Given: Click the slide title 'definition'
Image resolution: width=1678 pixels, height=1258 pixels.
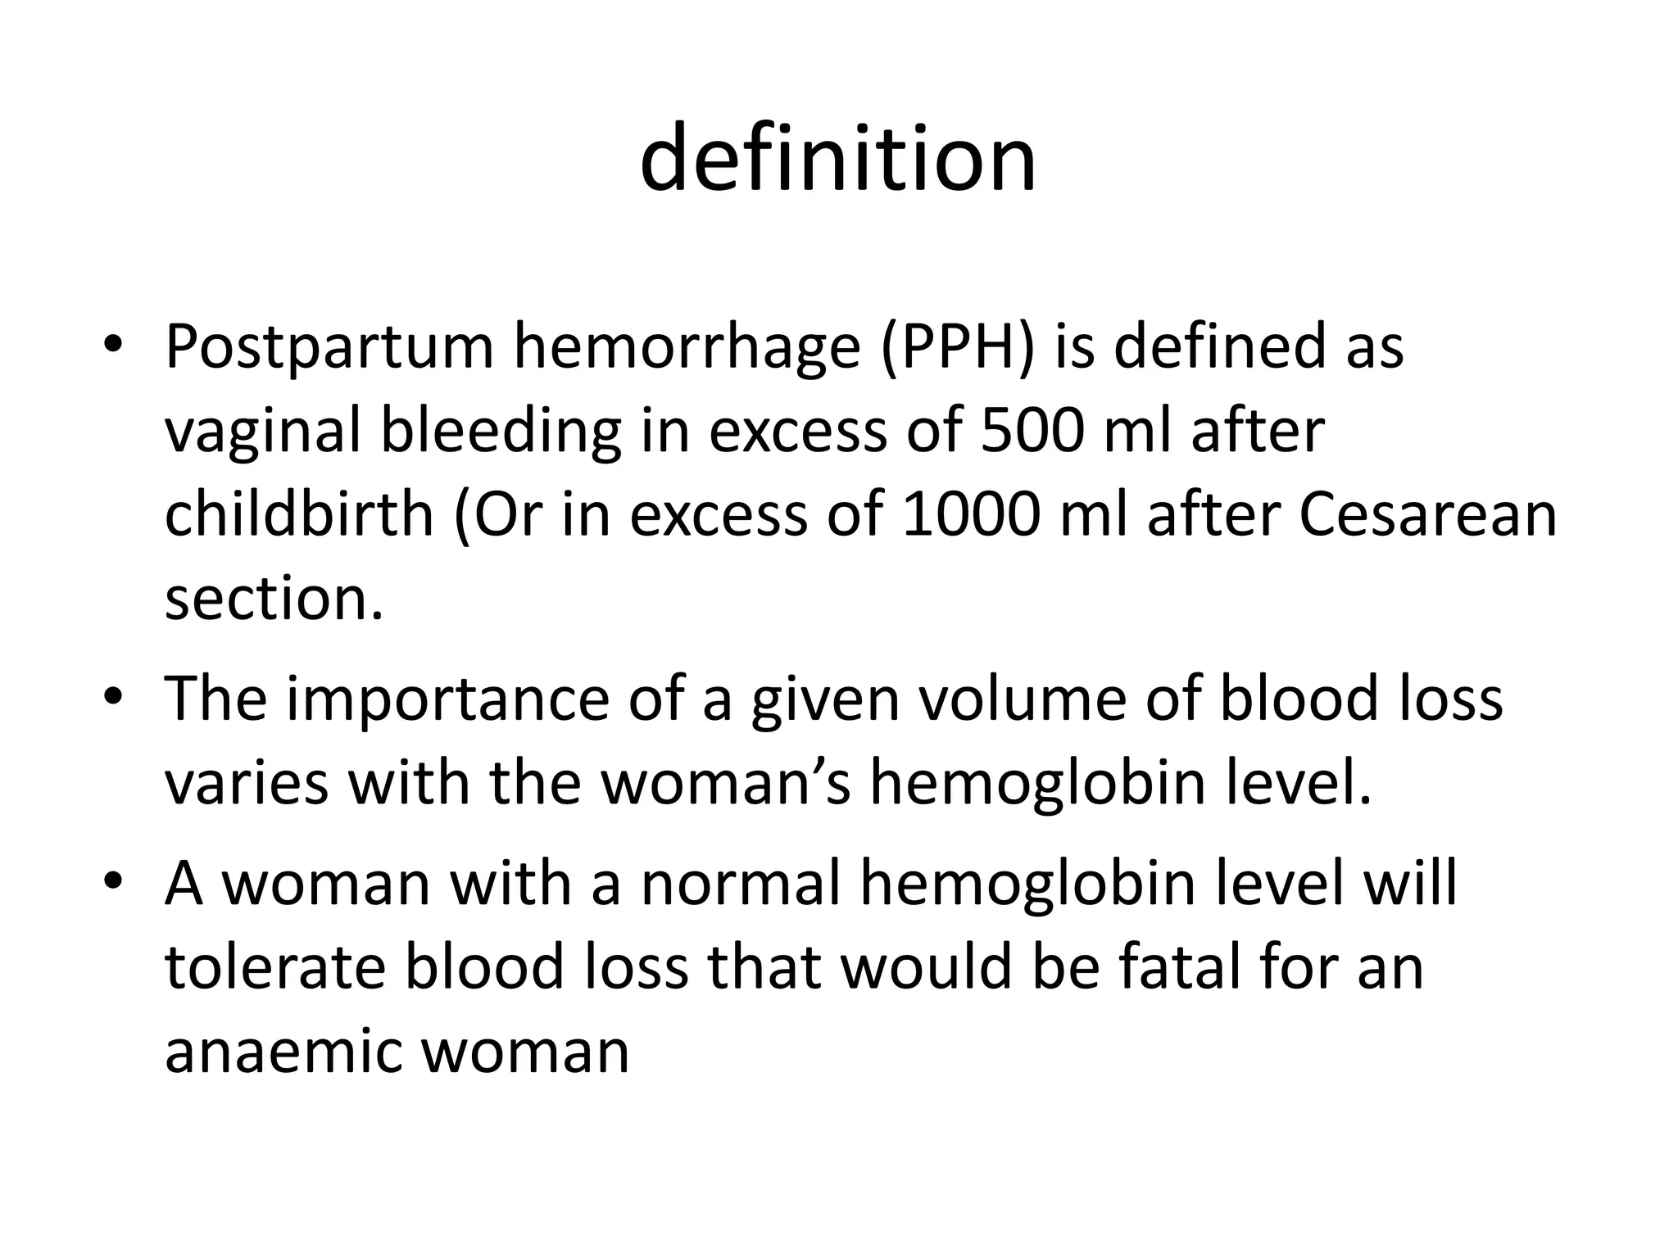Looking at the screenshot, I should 837,159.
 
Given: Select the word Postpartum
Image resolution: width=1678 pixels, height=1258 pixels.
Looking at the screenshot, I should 329,347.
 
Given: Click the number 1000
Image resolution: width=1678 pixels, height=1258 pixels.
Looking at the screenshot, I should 971,515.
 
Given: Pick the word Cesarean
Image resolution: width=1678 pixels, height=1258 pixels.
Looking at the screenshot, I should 1428,515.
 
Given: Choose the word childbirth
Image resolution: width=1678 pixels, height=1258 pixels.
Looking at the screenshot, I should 299,515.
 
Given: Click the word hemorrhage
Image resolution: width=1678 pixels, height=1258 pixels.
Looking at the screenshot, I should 687,347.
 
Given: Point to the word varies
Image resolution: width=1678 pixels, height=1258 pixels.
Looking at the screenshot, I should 246,784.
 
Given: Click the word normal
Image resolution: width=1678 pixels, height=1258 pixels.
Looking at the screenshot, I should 741,885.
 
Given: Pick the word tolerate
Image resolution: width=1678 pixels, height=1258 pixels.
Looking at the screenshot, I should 275,968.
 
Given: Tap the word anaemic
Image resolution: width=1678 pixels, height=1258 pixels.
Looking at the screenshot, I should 282,1052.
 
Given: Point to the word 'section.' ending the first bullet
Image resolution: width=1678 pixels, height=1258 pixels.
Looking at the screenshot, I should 274,600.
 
